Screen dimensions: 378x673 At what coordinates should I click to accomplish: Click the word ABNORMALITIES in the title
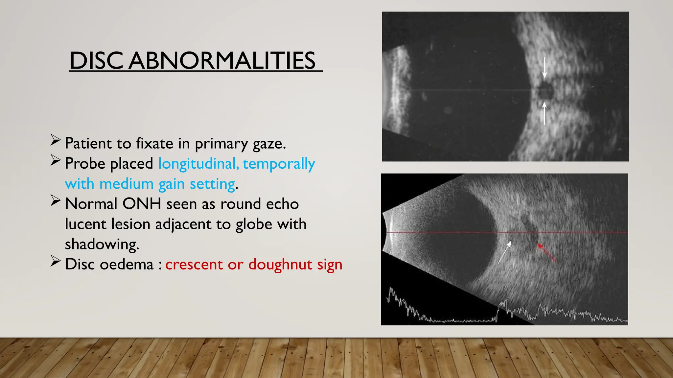pyautogui.click(x=222, y=61)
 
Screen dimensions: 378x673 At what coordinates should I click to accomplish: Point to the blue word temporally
pyautogui.click(x=279, y=163)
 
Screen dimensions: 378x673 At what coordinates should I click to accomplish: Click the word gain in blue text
pyautogui.click(x=171, y=184)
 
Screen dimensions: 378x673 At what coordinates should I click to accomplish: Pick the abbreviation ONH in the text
pyautogui.click(x=142, y=204)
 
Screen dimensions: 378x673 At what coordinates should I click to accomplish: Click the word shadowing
pyautogui.click(x=102, y=244)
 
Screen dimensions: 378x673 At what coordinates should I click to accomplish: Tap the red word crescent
pyautogui.click(x=194, y=264)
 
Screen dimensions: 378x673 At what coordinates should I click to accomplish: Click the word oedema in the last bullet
pyautogui.click(x=127, y=264)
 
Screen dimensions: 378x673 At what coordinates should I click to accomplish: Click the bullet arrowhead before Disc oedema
pyautogui.click(x=55, y=262)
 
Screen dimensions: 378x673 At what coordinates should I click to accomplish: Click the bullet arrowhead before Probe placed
pyautogui.click(x=55, y=160)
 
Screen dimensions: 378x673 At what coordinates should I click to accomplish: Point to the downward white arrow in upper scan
pyautogui.click(x=545, y=68)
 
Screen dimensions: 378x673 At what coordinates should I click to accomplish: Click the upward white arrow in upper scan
pyautogui.click(x=544, y=113)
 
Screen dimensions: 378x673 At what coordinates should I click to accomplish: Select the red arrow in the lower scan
pyautogui.click(x=546, y=253)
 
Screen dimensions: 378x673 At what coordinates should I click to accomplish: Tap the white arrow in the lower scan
pyautogui.click(x=505, y=252)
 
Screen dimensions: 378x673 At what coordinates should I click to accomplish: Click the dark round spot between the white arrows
pyautogui.click(x=545, y=91)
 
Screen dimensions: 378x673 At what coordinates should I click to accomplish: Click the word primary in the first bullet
pyautogui.click(x=221, y=143)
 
